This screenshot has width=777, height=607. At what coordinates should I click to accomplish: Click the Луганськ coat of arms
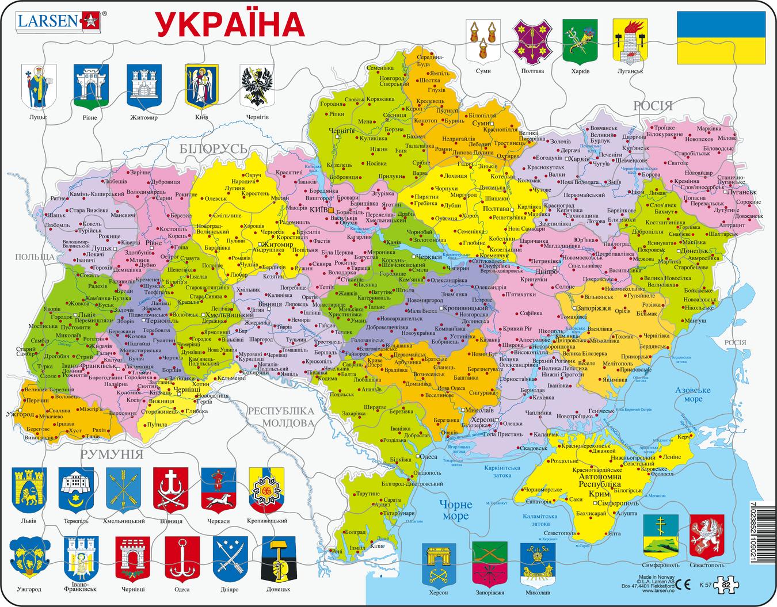pyautogui.click(x=627, y=40)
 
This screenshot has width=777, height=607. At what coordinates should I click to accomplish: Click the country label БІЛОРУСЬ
pyautogui.click(x=213, y=148)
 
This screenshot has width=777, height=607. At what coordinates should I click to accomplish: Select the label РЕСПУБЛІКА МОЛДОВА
pyautogui.click(x=280, y=417)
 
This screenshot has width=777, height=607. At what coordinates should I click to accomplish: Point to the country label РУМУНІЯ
pyautogui.click(x=111, y=455)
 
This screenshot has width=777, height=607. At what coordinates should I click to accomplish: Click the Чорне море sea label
pyautogui.click(x=455, y=510)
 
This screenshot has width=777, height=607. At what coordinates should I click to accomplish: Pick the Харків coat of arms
pyautogui.click(x=578, y=40)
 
